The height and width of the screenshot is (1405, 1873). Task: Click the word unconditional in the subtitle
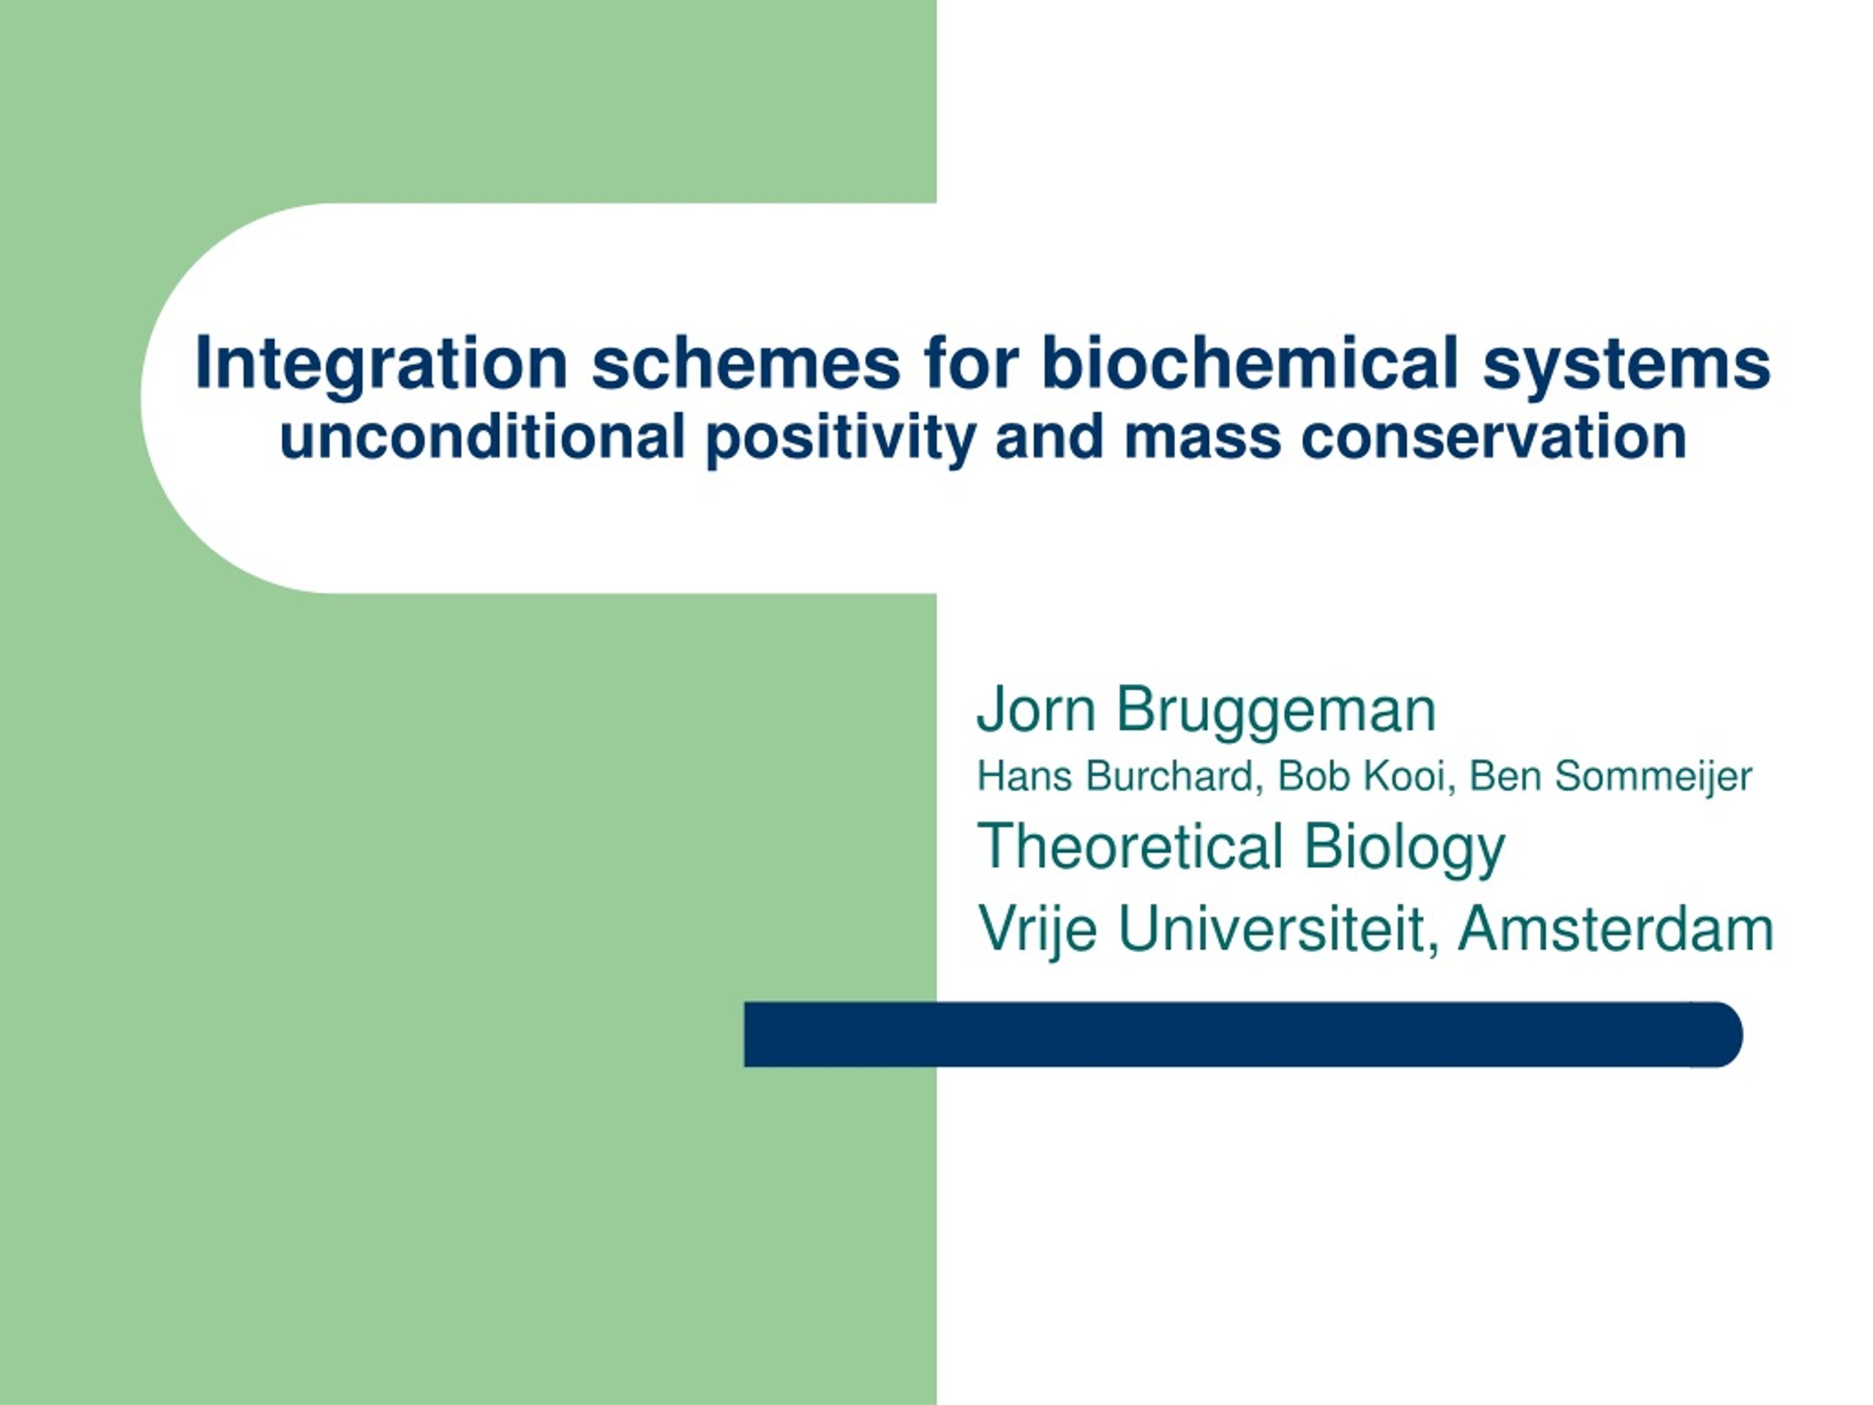tap(483, 437)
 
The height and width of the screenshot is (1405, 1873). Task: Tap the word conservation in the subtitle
tap(1495, 438)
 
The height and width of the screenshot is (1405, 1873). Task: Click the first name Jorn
tap(1037, 710)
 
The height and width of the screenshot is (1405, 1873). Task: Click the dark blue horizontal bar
tap(1243, 1034)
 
